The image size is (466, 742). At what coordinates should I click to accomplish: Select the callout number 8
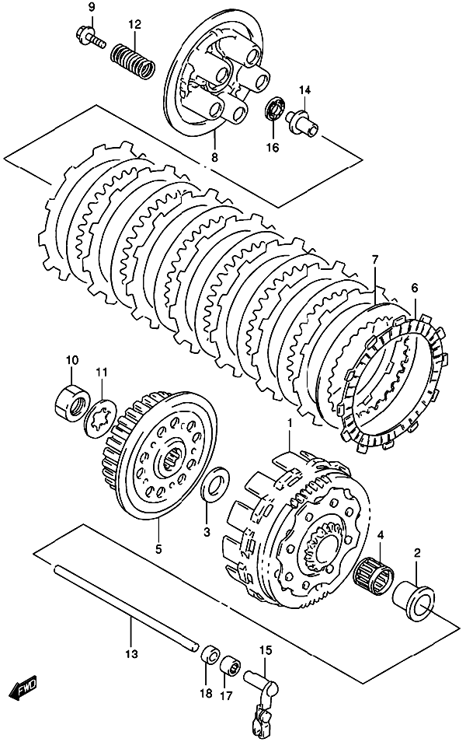tap(214, 157)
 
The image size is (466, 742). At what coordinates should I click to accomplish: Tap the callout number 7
tap(374, 260)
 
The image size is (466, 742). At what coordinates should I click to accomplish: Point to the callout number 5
tap(158, 548)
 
